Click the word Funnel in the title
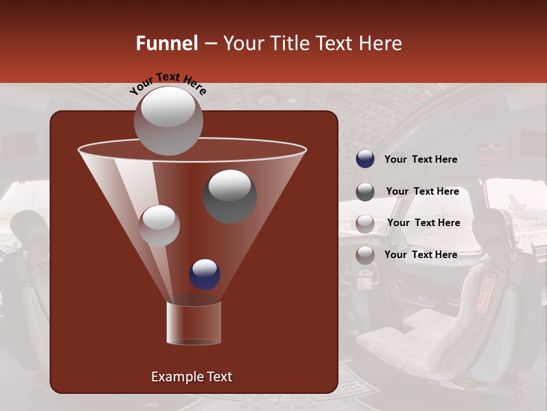(x=167, y=43)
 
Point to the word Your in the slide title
(x=243, y=43)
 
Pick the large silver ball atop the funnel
(x=168, y=120)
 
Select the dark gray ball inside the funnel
(x=230, y=196)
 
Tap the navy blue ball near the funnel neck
(x=205, y=274)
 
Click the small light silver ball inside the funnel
(x=159, y=225)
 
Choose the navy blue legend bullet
(x=365, y=159)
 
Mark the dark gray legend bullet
(x=365, y=191)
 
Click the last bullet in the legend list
(x=365, y=255)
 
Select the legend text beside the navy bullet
(x=421, y=160)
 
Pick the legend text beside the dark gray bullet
(x=422, y=192)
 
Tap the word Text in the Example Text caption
(x=219, y=377)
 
